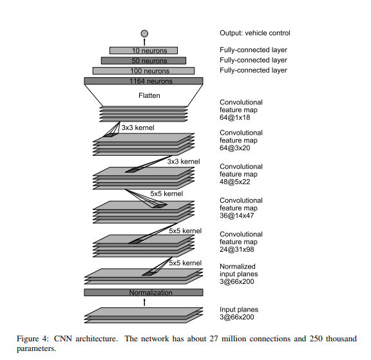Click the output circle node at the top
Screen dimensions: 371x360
click(144, 33)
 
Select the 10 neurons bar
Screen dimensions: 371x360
click(144, 50)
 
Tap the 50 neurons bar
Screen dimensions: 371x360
click(144, 61)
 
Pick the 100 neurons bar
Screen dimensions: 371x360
click(144, 71)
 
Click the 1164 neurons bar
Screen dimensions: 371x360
click(144, 81)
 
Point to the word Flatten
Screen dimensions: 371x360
click(149, 95)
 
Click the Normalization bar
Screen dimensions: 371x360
click(144, 292)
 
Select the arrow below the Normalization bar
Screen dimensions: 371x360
click(144, 302)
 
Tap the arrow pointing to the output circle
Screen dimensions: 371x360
click(144, 42)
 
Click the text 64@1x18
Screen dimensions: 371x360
click(234, 118)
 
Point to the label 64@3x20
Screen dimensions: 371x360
click(234, 148)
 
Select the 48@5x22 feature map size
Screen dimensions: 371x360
click(234, 182)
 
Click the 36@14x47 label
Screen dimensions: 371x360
click(236, 216)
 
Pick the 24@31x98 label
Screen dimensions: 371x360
click(236, 249)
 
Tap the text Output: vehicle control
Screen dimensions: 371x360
click(255, 33)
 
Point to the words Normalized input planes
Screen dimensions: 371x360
click(238, 270)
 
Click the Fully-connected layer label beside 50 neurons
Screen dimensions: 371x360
click(253, 61)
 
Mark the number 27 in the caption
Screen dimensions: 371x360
click(214, 339)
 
